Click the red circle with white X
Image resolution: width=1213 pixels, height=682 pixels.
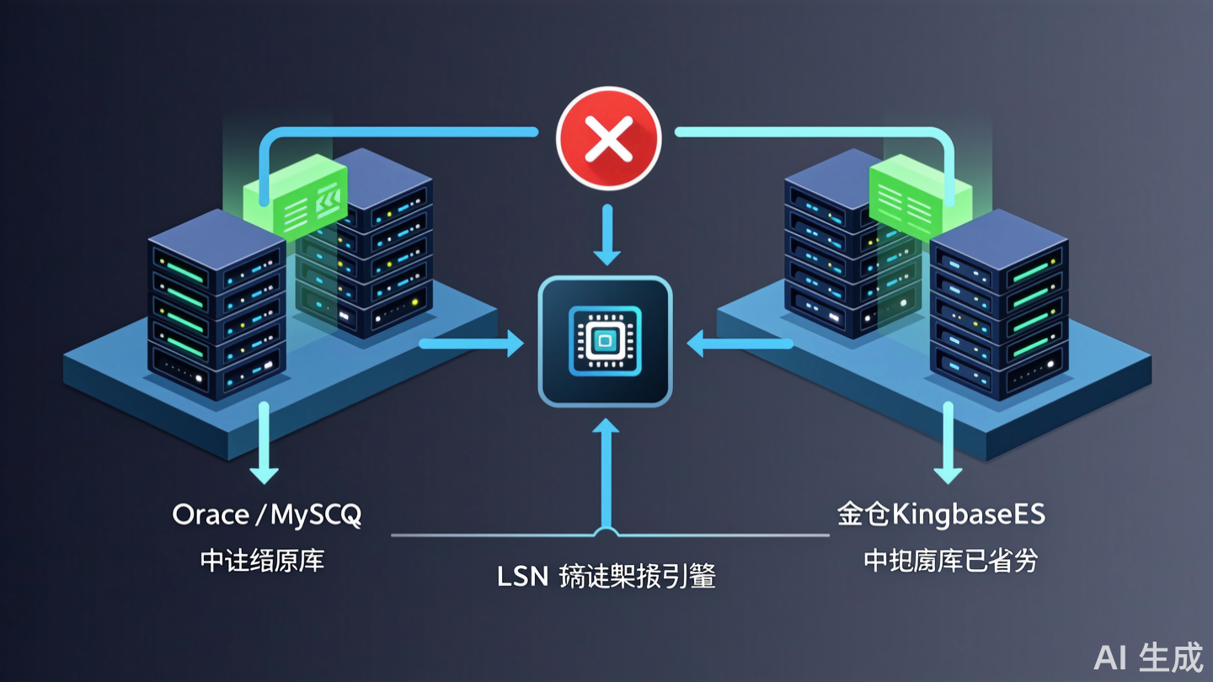click(608, 138)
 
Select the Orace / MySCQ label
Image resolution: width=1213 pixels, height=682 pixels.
click(266, 514)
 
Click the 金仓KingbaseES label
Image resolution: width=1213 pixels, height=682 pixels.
click(941, 514)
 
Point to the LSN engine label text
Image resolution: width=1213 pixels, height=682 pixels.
click(606, 578)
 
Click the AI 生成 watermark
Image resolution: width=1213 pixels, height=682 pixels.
click(1149, 658)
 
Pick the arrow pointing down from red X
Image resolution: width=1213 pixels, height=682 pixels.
click(606, 236)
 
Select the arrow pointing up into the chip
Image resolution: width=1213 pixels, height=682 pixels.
click(606, 472)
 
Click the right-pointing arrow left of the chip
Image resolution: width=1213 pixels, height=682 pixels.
click(472, 343)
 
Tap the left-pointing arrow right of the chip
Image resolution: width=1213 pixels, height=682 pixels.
click(740, 343)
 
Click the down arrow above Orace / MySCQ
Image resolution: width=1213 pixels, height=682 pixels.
click(264, 442)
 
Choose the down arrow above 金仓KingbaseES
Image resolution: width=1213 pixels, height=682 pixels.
click(948, 442)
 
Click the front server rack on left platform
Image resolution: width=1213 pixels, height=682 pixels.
click(216, 307)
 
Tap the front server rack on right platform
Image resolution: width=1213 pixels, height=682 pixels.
click(999, 307)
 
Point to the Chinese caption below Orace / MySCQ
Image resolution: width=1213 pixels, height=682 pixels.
click(262, 561)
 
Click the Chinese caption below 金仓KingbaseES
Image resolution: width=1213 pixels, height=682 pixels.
click(950, 561)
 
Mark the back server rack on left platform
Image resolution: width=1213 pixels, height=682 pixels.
click(371, 244)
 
